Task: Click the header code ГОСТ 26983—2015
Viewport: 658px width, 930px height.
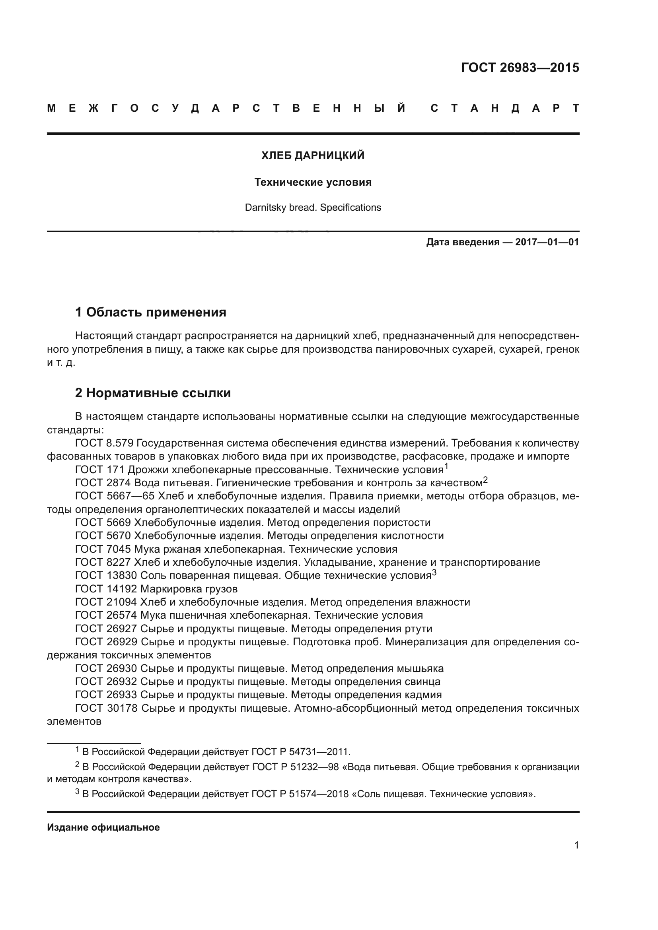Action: point(520,68)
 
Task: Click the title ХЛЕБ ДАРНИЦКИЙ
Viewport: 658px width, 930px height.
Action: point(313,155)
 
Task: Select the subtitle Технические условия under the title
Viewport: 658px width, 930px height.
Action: point(313,182)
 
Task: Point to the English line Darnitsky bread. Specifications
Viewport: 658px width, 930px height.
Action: point(313,208)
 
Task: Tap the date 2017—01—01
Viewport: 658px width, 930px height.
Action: point(547,242)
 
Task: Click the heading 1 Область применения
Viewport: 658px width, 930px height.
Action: point(150,312)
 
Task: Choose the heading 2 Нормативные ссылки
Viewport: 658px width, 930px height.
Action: point(153,393)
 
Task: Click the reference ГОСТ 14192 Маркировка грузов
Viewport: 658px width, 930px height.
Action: point(156,589)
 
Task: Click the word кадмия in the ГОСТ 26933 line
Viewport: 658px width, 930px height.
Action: point(423,695)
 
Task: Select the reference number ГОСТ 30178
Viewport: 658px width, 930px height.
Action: point(107,709)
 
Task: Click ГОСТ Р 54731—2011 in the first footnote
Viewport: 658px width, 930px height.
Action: point(300,752)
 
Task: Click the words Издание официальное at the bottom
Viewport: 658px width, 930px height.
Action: point(103,827)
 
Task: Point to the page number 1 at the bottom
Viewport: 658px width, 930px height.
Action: point(576,845)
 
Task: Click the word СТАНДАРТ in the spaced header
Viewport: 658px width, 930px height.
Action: point(504,109)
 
